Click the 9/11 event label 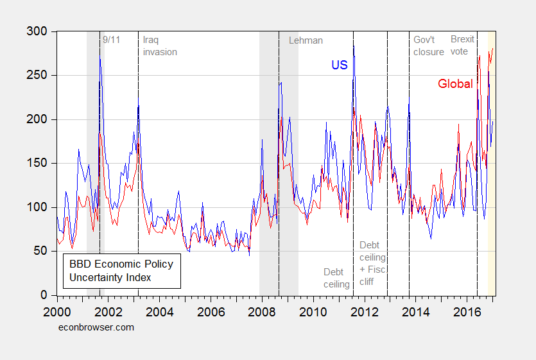[112, 39]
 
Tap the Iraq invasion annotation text [160, 46]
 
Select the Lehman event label [306, 40]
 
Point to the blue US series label [339, 65]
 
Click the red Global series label [455, 84]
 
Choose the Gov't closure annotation [428, 46]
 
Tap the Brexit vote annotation [462, 46]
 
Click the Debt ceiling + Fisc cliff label [373, 263]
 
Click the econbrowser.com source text [96, 327]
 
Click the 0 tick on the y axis [44, 295]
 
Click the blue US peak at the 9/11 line [99, 60]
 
